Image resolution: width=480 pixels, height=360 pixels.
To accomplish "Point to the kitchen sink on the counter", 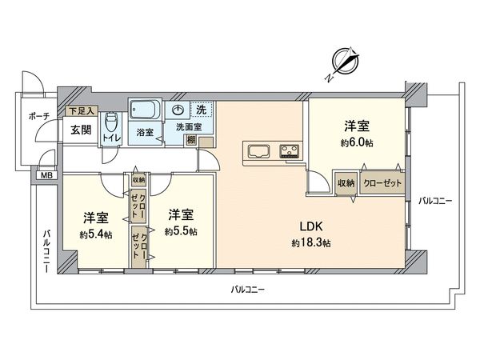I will coord(261,150).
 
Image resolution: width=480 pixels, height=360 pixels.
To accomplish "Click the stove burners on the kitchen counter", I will coord(287,150).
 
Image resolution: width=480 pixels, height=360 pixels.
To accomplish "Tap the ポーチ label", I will coord(38,117).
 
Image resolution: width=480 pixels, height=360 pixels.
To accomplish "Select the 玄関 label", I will coord(79,130).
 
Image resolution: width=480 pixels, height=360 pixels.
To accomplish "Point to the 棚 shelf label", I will coord(190,141).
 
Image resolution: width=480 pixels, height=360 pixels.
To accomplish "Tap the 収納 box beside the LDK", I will coord(346,182).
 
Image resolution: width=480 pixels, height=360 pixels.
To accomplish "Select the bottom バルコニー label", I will coord(247,288).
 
